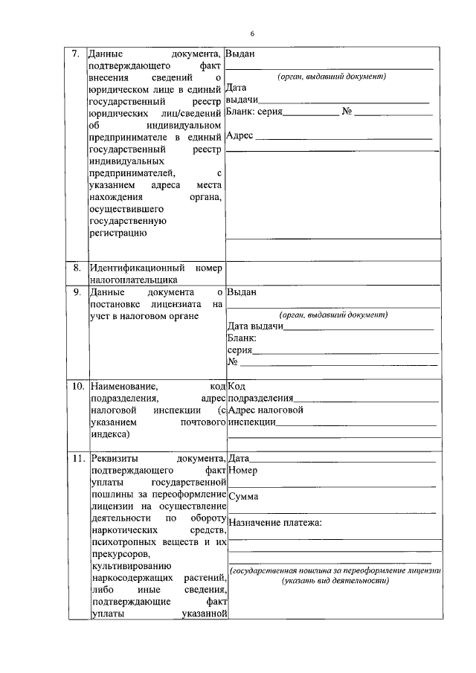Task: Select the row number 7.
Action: pyautogui.click(x=74, y=54)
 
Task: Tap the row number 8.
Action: pyautogui.click(x=76, y=267)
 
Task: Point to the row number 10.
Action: pyautogui.click(x=77, y=387)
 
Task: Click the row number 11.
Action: pyautogui.click(x=77, y=458)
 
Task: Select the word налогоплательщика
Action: pyautogui.click(x=132, y=280)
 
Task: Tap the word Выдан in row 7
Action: pyautogui.click(x=240, y=54)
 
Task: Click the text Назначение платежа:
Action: pyautogui.click(x=275, y=523)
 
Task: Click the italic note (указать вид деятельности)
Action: pyautogui.click(x=335, y=581)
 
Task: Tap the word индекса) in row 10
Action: pyautogui.click(x=109, y=434)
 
